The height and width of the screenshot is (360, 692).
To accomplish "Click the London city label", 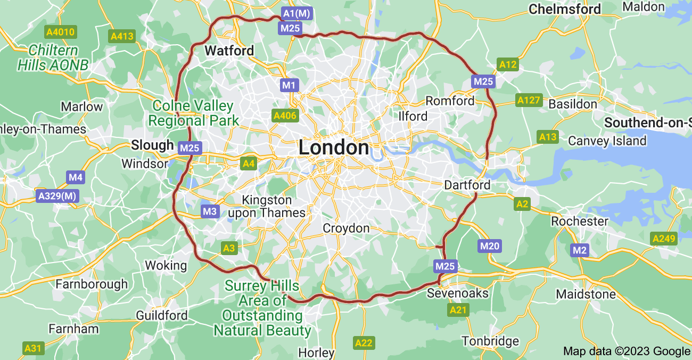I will point(334,148).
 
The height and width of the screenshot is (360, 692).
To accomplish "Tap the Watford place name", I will point(229,51).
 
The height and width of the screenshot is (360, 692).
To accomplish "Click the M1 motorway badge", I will point(290,85).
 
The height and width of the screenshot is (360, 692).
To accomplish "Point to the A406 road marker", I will point(285,116).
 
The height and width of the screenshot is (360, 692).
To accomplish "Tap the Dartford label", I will point(467,185).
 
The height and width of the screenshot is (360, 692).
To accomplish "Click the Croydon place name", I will point(346,228).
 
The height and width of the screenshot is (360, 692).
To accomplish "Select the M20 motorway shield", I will point(490,246).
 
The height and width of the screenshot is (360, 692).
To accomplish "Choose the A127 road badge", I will point(529,100).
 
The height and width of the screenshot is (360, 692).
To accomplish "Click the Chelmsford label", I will point(565,9).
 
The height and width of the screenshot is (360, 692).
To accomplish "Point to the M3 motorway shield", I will point(210,211).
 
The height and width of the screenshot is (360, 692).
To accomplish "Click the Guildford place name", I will point(162,315).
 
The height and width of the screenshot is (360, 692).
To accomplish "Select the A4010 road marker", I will point(61,32).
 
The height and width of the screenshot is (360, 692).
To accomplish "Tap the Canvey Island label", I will point(607,141).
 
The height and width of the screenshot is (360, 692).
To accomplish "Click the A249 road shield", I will point(663,239).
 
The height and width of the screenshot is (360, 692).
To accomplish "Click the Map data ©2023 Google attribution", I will point(626,351).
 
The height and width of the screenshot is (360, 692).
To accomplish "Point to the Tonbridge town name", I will point(490,341).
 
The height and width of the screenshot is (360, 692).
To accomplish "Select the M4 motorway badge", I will point(76,177).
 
